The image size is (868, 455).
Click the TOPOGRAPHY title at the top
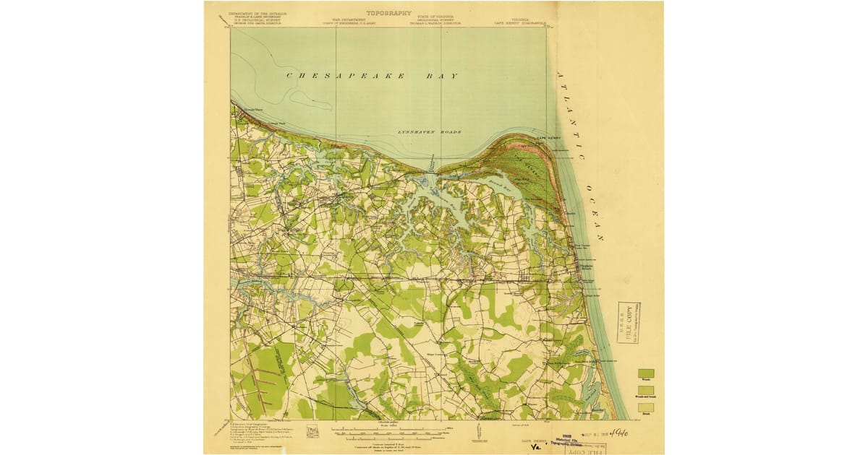coord(388,12)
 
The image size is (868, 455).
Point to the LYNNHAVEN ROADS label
coord(430,132)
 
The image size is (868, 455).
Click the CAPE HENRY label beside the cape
coord(549,139)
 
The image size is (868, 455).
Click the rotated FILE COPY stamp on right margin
coord(628,322)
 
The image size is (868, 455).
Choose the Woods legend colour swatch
coord(646,373)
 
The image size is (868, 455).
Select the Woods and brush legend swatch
coord(646,390)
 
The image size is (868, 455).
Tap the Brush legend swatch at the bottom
coord(646,407)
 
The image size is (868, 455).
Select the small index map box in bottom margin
coord(312,431)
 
